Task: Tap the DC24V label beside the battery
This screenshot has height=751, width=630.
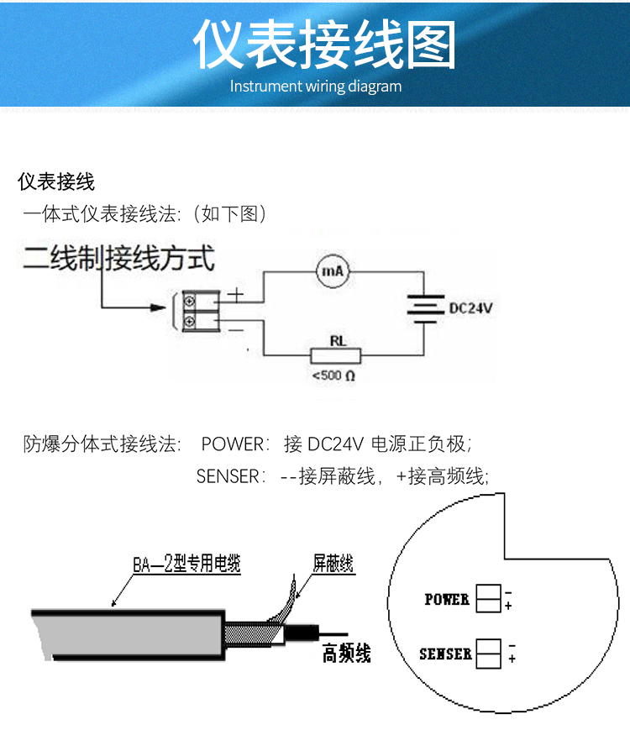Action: click(x=470, y=308)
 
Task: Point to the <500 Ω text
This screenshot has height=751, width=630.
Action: click(x=333, y=375)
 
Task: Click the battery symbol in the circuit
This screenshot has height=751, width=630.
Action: click(x=425, y=308)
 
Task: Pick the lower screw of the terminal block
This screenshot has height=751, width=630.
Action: click(x=190, y=320)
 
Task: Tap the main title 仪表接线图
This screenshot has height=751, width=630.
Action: click(x=324, y=45)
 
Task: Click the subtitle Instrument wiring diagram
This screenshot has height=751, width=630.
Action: click(x=316, y=86)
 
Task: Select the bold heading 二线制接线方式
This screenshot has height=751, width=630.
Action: click(x=118, y=257)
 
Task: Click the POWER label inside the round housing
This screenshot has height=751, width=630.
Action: click(x=446, y=599)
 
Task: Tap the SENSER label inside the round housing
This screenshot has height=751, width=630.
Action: click(x=445, y=654)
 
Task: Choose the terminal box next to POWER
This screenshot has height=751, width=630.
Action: click(x=488, y=598)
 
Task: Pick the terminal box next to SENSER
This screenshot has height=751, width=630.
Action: click(x=488, y=654)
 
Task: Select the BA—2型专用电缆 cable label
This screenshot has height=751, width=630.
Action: click(x=186, y=565)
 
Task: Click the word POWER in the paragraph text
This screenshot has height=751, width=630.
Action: click(x=234, y=444)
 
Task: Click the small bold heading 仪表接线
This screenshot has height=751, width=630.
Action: click(x=57, y=181)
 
